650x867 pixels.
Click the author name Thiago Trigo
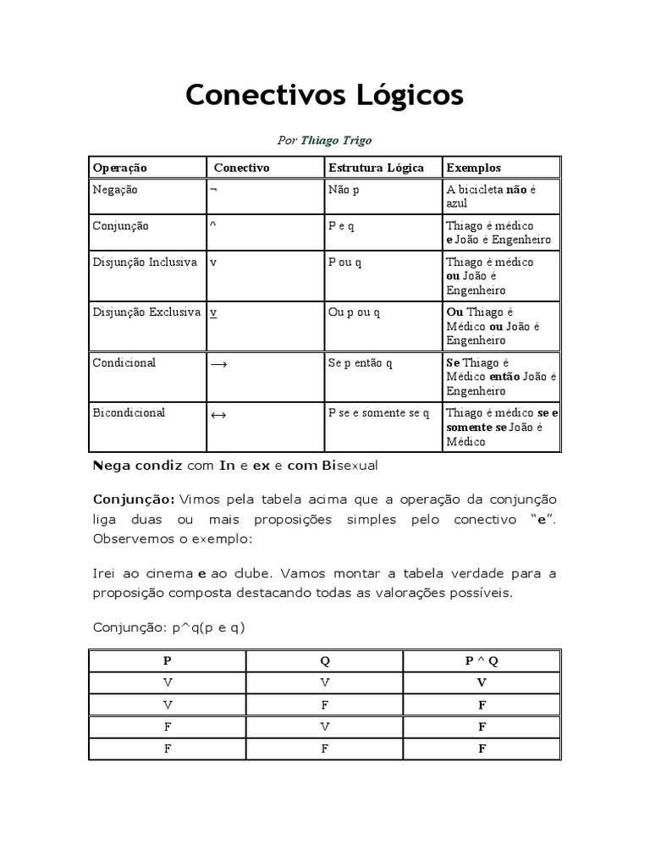pyautogui.click(x=337, y=141)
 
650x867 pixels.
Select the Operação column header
pyautogui.click(x=119, y=168)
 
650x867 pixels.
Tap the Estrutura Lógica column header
pyautogui.click(x=376, y=168)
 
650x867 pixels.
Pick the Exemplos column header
pyautogui.click(x=474, y=168)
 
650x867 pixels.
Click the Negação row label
pyautogui.click(x=114, y=190)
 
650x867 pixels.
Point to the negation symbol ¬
pyautogui.click(x=213, y=191)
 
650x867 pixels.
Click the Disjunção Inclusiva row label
pyautogui.click(x=145, y=262)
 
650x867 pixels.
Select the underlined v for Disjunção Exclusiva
pyautogui.click(x=214, y=312)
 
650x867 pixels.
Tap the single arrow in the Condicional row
pyautogui.click(x=218, y=364)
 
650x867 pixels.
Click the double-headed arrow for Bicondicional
pyautogui.click(x=218, y=415)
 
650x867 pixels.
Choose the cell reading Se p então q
pyautogui.click(x=361, y=363)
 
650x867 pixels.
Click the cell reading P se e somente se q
pyautogui.click(x=378, y=413)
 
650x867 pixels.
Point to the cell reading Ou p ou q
pyautogui.click(x=354, y=312)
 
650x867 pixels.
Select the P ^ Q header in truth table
pyautogui.click(x=482, y=661)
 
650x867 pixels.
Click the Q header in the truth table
pyautogui.click(x=324, y=661)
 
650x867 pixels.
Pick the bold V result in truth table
pyautogui.click(x=482, y=682)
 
